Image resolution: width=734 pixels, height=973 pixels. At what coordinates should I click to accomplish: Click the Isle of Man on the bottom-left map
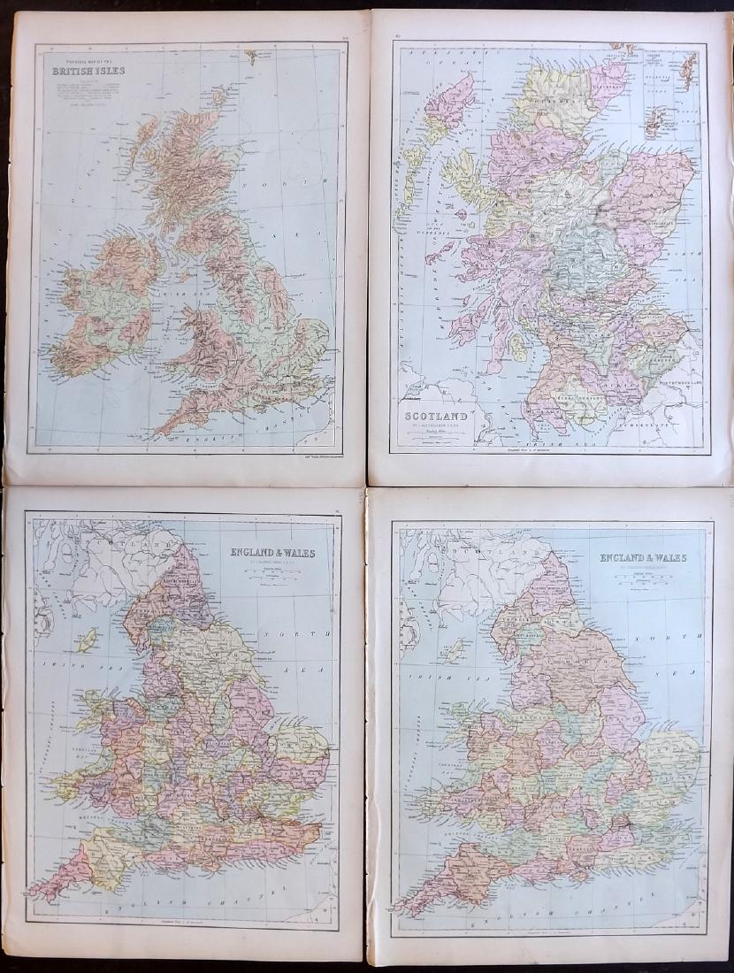88,640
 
